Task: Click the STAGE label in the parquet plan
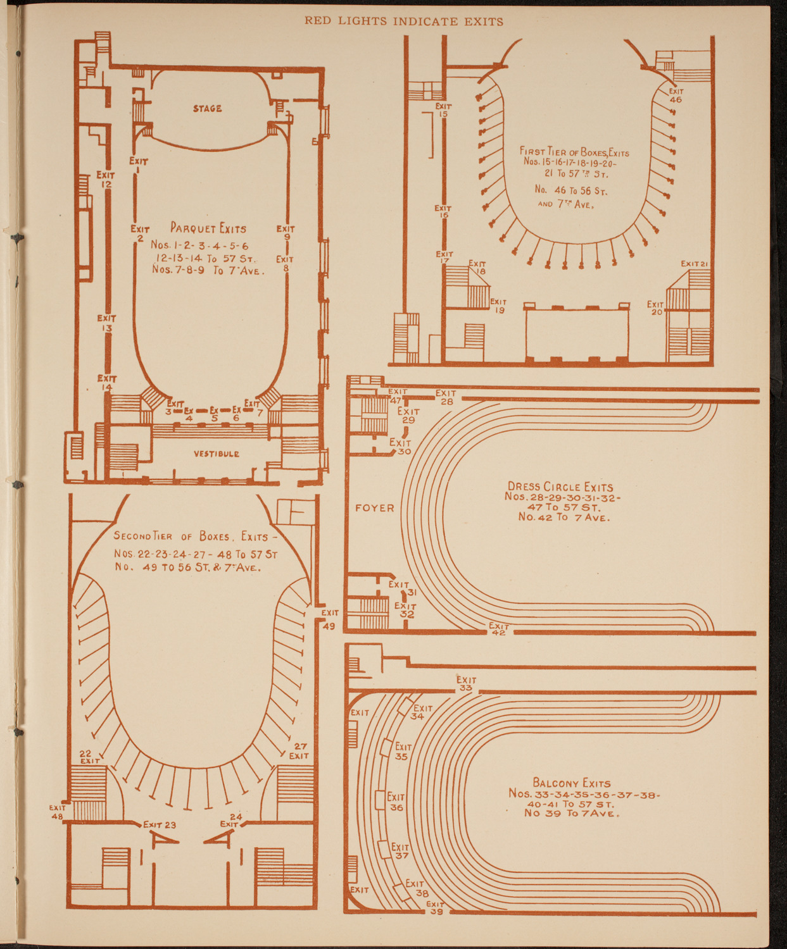tap(208, 109)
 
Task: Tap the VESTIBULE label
tap(217, 454)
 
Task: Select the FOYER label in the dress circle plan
tap(375, 508)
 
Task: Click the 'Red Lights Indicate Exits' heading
tap(404, 22)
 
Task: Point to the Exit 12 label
tap(106, 180)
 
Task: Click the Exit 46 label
tap(676, 96)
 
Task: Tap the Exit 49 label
tap(330, 619)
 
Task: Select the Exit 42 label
tap(498, 629)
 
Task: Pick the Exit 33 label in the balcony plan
tap(466, 684)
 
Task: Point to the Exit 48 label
tap(58, 812)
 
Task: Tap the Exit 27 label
tap(299, 751)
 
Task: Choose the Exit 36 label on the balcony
tap(396, 802)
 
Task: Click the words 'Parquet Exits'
tap(208, 228)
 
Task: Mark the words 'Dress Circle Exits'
tap(560, 487)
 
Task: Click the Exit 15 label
tap(443, 110)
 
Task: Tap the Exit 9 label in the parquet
tap(286, 233)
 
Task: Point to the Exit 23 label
tap(160, 824)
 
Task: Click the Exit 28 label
tap(446, 397)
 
